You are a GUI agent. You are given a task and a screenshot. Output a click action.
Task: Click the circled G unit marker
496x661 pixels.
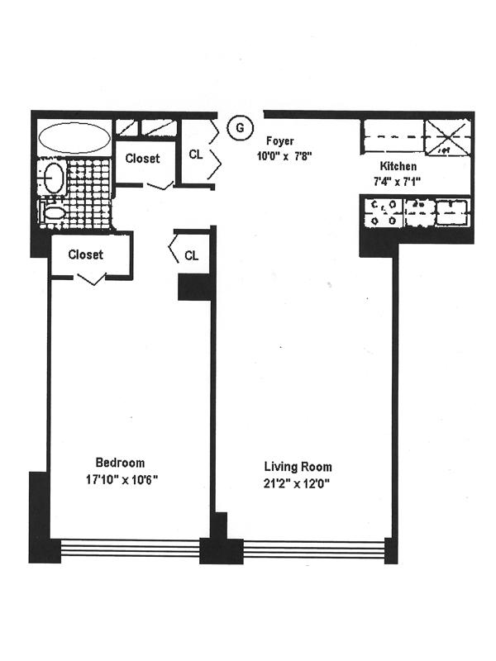coord(239,128)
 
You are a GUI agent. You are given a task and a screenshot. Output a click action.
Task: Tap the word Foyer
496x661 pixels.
coord(279,141)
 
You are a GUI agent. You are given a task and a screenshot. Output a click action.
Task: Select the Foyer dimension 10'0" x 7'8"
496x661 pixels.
coord(284,155)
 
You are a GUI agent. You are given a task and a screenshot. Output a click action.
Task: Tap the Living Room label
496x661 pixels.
coord(298,468)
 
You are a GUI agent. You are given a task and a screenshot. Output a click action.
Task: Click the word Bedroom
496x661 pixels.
coord(120,463)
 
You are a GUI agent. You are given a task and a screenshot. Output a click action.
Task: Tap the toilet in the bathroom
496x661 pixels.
coord(55,214)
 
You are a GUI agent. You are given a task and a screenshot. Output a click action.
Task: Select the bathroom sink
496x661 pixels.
coord(54,178)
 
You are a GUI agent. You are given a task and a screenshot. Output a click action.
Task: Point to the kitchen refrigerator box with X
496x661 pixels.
coord(447,136)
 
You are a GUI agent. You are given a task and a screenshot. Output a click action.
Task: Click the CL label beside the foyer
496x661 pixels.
coord(196,154)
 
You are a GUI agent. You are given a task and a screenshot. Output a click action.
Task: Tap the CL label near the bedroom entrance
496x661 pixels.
coord(191,255)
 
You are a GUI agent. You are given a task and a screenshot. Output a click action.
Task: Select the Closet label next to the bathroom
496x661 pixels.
coord(143,158)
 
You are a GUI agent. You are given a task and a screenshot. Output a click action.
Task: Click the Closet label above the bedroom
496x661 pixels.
coord(86,254)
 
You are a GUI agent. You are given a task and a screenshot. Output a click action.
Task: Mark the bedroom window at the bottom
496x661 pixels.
coord(130,548)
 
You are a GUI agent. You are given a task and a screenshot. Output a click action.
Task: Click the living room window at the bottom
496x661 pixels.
coord(314,549)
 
